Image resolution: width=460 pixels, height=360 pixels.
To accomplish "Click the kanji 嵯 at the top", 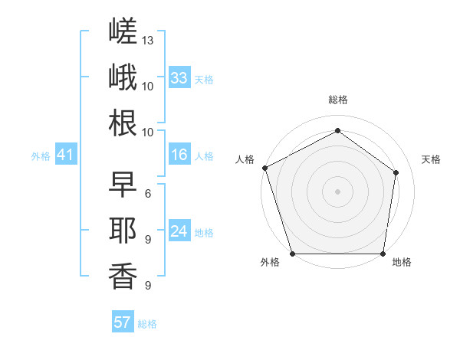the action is point(123,31).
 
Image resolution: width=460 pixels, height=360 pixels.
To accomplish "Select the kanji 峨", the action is point(123,77).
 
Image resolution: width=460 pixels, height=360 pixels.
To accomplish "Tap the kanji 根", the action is point(123,123).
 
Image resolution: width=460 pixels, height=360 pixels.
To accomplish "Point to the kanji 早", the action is point(123,184).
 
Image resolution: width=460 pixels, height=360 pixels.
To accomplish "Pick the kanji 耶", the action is point(123,231).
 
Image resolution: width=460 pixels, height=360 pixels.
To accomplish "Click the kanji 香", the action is point(123,277).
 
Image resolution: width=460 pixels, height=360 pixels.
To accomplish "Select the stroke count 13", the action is point(147,41).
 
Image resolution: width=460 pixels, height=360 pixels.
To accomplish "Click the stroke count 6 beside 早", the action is point(148,194).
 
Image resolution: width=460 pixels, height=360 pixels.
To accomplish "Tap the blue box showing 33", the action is point(179,77).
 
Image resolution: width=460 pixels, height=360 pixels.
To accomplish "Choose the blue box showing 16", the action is point(179,154).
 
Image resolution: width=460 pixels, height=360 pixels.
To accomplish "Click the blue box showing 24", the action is point(179,230).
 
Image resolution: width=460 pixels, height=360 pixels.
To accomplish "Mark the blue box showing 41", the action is point(66,154).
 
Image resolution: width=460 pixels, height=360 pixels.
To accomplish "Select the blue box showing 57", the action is point(123,321).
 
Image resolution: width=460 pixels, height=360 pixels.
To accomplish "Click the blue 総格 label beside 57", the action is point(147,324).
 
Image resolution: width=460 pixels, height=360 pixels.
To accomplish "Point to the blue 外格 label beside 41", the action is point(41,156).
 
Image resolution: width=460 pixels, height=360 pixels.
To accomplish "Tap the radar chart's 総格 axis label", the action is point(338,100).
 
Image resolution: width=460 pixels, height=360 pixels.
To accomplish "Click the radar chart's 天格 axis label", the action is point(431,159).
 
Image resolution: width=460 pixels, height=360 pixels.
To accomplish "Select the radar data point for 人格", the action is point(265,168).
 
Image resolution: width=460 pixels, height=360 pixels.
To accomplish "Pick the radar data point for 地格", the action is point(383,254).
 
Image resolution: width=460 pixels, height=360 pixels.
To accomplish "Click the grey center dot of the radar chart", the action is point(337,191).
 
